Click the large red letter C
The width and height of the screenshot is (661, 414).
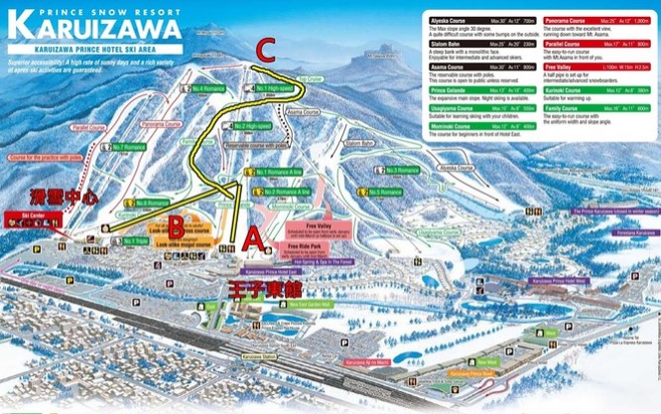(266, 49)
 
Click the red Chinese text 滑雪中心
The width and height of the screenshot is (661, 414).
(61, 198)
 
